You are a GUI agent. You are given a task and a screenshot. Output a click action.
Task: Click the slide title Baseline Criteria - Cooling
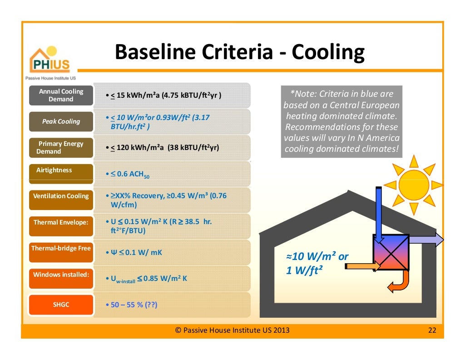pyautogui.click(x=239, y=52)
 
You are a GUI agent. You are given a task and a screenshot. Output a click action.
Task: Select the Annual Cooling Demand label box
pyautogui.click(x=61, y=95)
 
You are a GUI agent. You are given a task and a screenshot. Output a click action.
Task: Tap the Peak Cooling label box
pyautogui.click(x=61, y=121)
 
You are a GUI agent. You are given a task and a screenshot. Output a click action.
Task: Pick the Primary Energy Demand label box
pyautogui.click(x=61, y=147)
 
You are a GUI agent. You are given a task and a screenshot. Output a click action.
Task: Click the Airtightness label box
pyautogui.click(x=61, y=174)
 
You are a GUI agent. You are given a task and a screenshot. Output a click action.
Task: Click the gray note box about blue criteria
pyautogui.click(x=341, y=122)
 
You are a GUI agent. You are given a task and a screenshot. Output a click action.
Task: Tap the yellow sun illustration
pyautogui.click(x=413, y=185)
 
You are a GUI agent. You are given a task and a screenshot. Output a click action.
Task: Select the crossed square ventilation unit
pyautogui.click(x=391, y=252)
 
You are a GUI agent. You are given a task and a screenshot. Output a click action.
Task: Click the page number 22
pyautogui.click(x=432, y=330)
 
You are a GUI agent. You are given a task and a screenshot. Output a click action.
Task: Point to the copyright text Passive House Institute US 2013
pyautogui.click(x=232, y=330)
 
